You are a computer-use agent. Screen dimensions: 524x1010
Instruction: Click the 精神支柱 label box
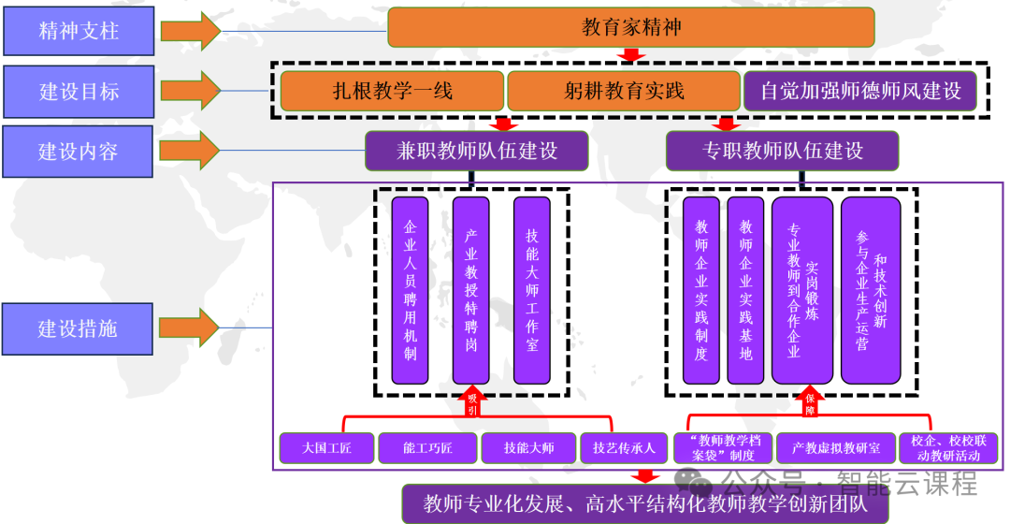pos(79,31)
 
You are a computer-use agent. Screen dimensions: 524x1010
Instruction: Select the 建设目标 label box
pos(79,91)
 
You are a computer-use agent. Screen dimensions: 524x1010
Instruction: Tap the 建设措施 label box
pos(79,328)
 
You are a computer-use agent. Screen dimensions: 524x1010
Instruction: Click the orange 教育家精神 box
pos(630,27)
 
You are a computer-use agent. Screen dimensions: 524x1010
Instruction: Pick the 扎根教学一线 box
pos(392,91)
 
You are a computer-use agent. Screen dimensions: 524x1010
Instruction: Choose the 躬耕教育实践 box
pos(623,91)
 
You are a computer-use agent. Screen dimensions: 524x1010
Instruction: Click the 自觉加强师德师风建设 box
pos(860,91)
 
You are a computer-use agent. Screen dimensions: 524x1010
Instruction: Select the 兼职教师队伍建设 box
pos(476,151)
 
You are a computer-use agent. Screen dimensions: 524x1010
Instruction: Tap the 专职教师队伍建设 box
pos(782,151)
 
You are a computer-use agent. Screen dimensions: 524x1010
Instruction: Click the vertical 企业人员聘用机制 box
pos(410,290)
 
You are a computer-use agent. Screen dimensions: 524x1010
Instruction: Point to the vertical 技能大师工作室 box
pos(532,290)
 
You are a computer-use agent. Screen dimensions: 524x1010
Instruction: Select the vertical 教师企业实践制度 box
pos(701,290)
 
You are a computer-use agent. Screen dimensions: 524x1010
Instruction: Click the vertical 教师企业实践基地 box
pos(745,290)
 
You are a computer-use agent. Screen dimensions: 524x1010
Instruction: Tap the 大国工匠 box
pos(327,448)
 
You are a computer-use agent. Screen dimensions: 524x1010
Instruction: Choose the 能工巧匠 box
pos(427,448)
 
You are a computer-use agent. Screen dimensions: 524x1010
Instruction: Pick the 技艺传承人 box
pos(624,448)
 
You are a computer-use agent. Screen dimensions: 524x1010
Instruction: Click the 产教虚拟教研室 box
pos(836,448)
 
